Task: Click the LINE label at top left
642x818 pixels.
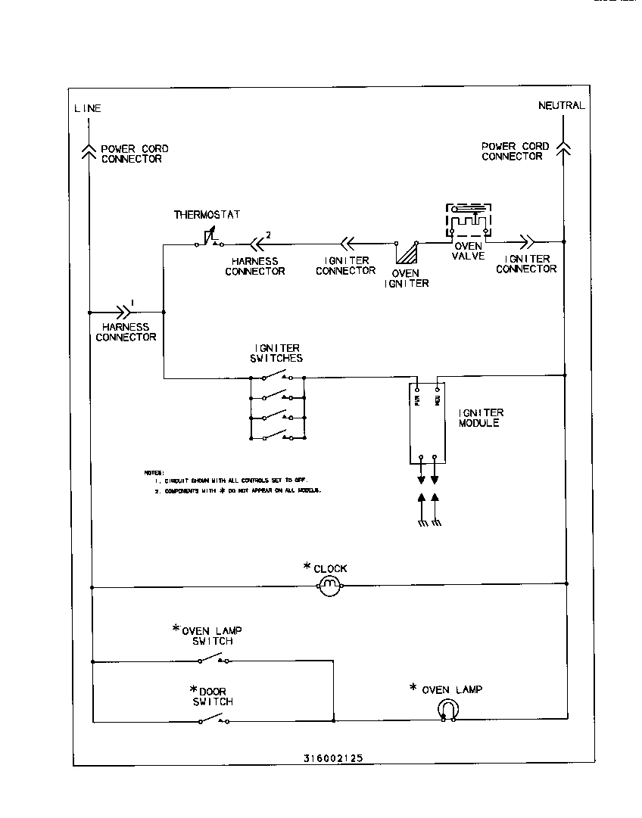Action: click(x=87, y=108)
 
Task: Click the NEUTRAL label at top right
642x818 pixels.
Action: click(x=561, y=105)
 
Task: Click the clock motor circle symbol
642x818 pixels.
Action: click(x=329, y=585)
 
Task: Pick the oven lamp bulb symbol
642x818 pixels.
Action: click(x=448, y=710)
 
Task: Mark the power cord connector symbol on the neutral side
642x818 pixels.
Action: click(x=564, y=147)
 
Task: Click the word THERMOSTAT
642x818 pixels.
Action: click(x=207, y=215)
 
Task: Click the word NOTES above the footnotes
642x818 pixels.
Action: click(x=154, y=472)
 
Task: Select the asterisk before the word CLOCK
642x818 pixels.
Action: click(x=307, y=567)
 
